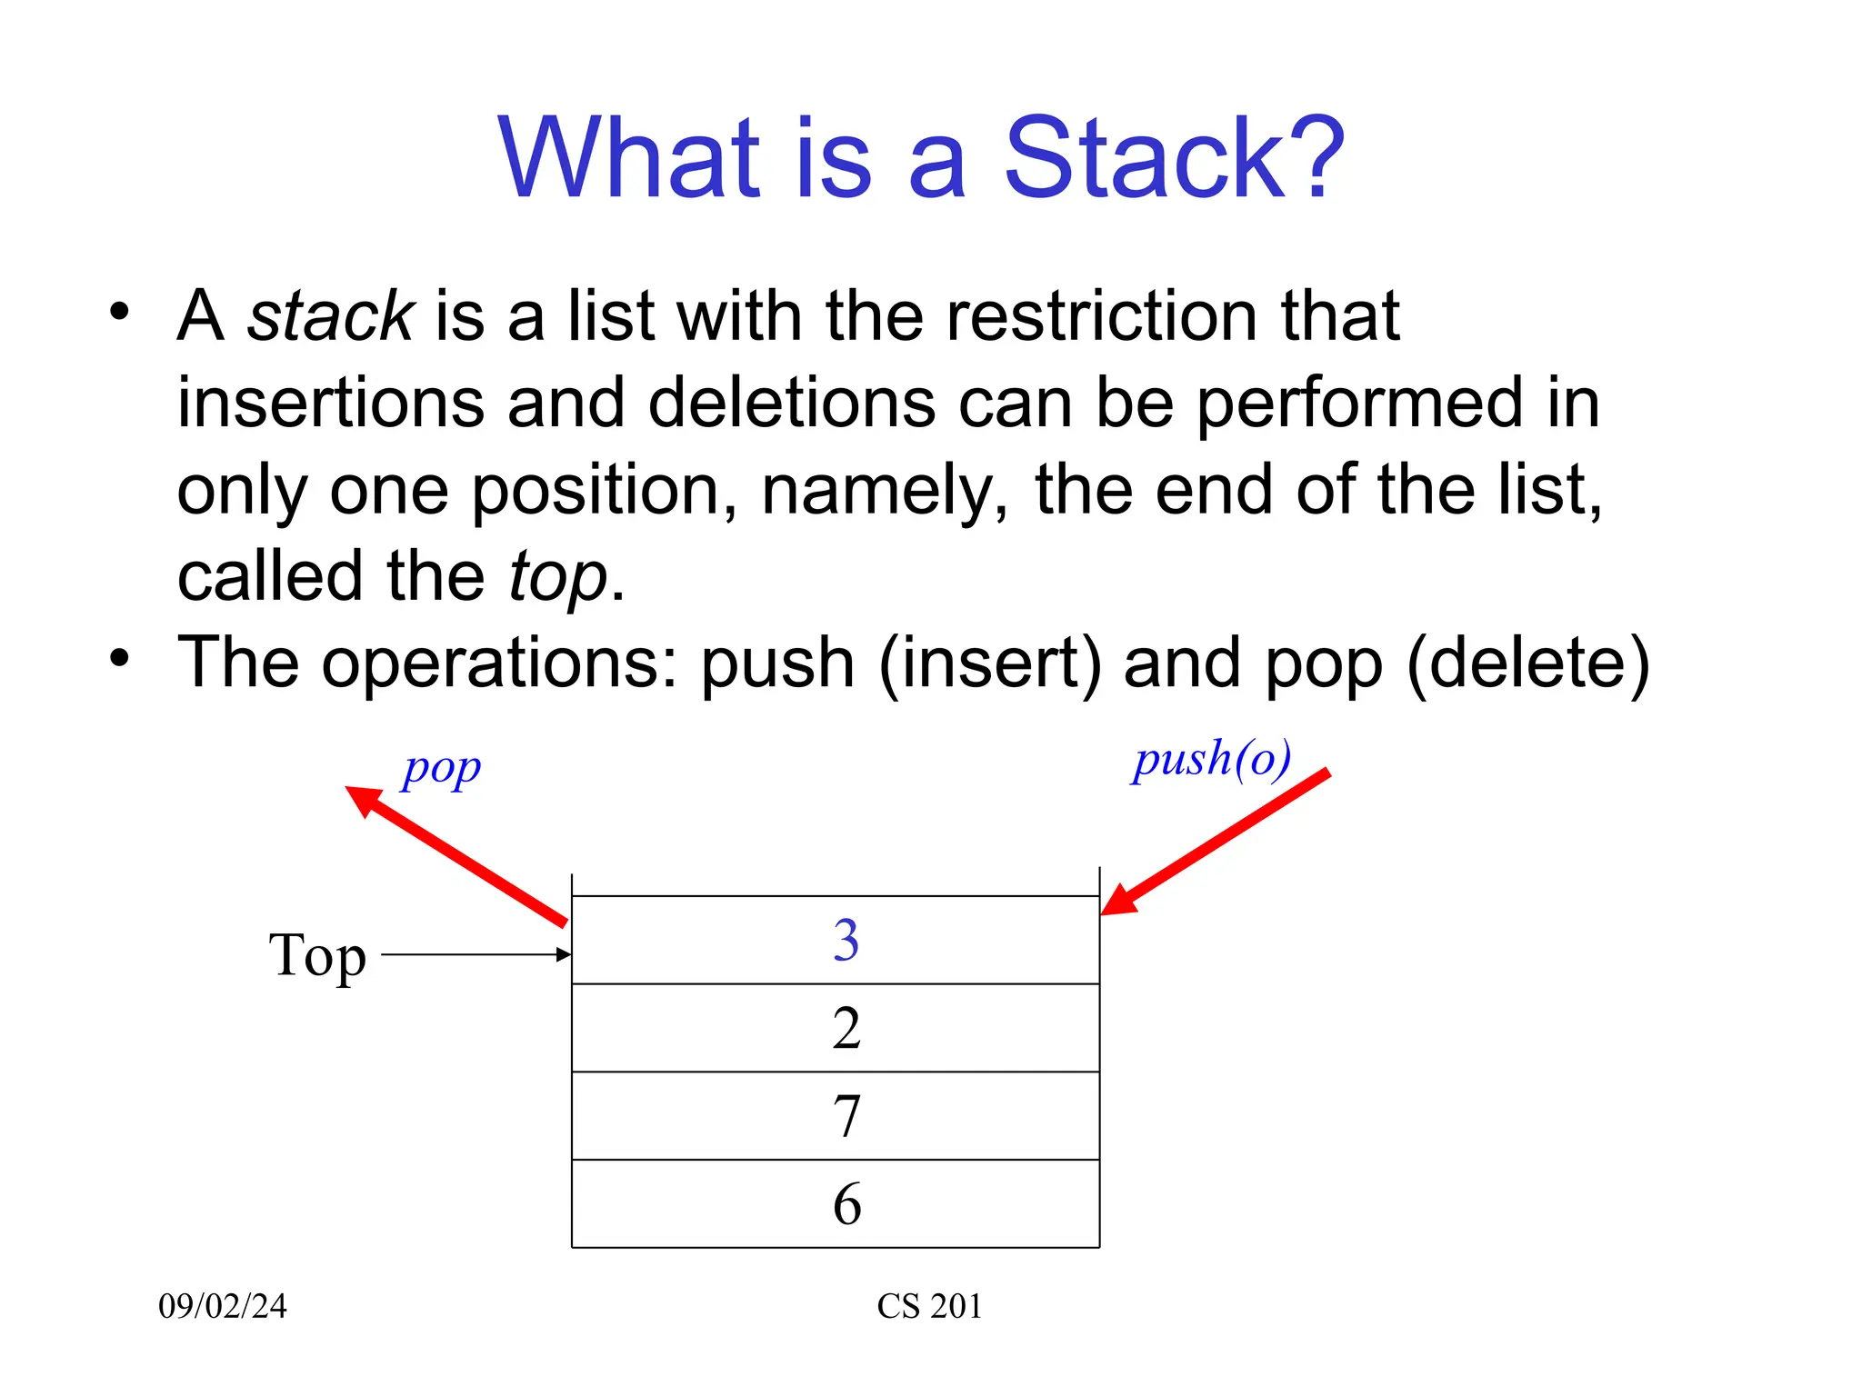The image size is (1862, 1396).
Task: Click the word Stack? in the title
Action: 1173,158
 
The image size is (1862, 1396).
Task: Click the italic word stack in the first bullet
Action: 331,316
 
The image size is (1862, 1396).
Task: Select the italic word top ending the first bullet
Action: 557,577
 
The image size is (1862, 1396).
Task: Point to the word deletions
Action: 791,403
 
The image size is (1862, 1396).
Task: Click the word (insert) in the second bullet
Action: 990,663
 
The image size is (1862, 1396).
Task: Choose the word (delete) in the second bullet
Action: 1527,663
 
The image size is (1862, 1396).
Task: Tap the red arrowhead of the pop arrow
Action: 364,800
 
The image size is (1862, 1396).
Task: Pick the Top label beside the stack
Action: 317,956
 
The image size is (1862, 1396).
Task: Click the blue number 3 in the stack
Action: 846,940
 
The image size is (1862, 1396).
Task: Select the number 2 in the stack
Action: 846,1028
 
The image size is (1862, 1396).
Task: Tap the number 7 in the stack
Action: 846,1116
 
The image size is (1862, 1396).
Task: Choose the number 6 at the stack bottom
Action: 846,1204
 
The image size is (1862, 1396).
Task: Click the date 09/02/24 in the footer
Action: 223,1306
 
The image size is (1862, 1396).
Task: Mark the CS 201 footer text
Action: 929,1306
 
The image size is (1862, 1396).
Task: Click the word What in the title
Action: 629,158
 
